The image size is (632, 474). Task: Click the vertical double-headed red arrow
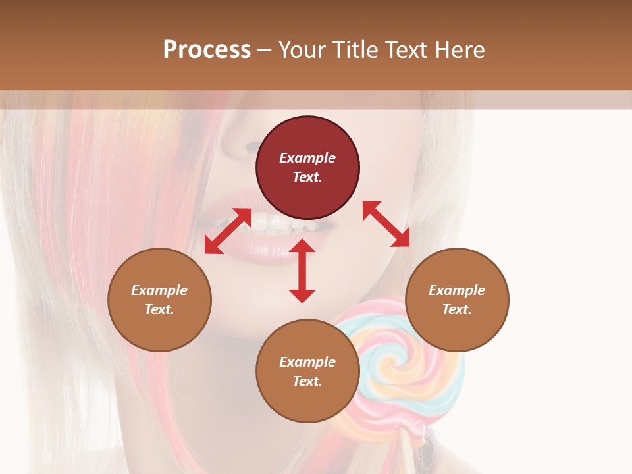302,271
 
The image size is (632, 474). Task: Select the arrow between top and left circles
228,231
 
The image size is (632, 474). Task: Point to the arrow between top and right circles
386,224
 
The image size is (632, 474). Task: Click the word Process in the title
207,50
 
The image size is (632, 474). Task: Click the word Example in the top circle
307,158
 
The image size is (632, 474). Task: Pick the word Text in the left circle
159,309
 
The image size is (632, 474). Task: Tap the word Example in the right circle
457,290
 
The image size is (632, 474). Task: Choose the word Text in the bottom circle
307,381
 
